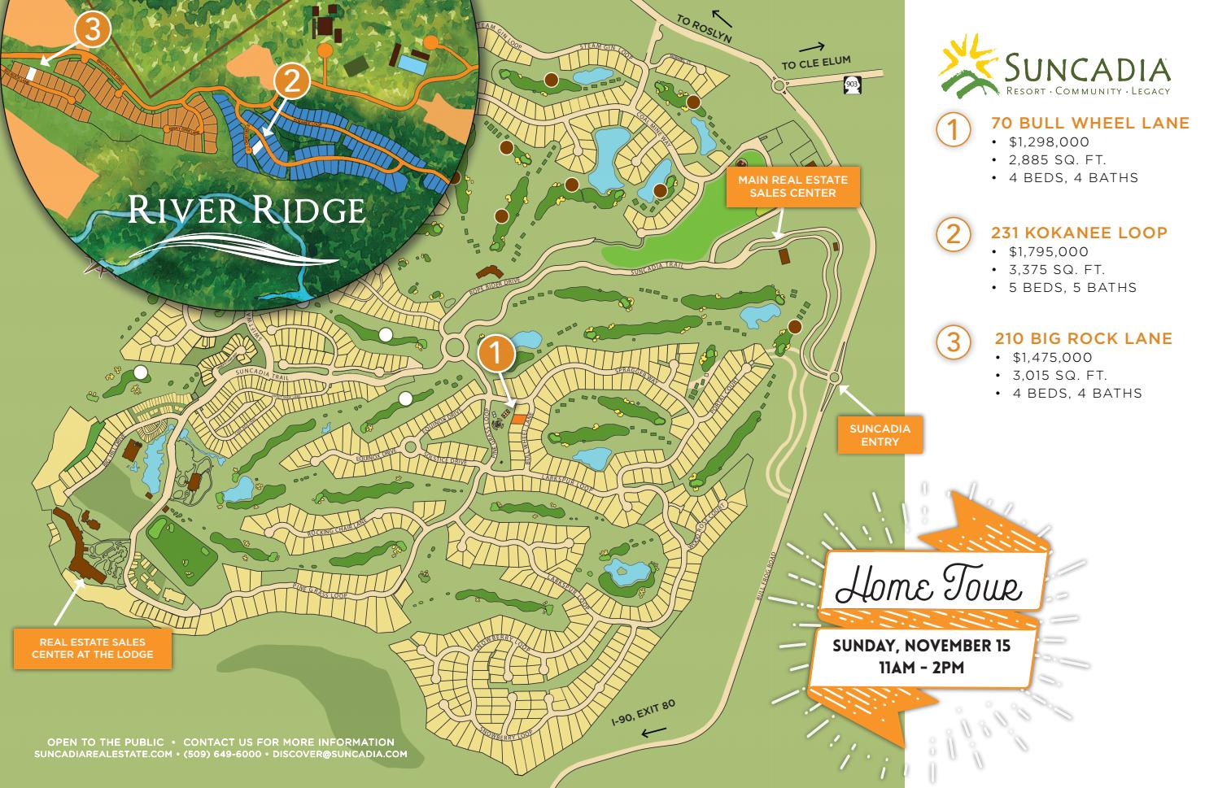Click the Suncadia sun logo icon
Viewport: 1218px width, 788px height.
[969, 63]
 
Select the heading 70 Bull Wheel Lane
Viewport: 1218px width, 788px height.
[1089, 124]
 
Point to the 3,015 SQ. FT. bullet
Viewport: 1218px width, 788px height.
[1059, 375]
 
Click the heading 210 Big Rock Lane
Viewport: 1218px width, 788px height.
[1083, 338]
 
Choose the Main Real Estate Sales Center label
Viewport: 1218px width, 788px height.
[792, 186]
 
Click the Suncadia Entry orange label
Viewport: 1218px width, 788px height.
[880, 435]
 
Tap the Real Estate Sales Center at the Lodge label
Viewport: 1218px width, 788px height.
[92, 648]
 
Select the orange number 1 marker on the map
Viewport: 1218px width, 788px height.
[496, 354]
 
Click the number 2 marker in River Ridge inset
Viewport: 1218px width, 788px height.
[293, 81]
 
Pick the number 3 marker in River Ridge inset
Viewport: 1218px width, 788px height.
[92, 29]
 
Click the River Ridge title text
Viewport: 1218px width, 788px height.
[245, 210]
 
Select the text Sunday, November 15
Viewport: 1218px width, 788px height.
[921, 647]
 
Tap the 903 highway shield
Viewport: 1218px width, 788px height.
[852, 83]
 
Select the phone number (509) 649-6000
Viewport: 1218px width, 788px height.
[222, 754]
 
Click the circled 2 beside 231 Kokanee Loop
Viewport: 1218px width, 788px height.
[953, 234]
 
